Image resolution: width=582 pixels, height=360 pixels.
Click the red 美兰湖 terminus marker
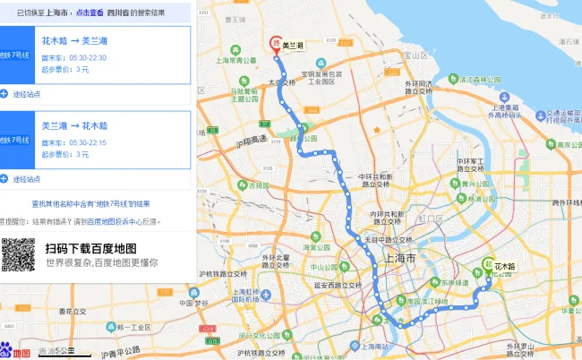(x=276, y=42)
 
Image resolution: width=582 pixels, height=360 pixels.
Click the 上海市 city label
(x=399, y=257)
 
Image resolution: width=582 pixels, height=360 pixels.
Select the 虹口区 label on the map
(x=431, y=218)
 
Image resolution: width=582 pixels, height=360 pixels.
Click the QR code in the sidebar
(x=18, y=255)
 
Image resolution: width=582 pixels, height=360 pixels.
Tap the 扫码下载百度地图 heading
(x=90, y=247)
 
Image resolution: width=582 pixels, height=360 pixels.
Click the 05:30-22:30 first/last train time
(x=87, y=56)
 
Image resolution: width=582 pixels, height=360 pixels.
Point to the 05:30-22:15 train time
(x=87, y=141)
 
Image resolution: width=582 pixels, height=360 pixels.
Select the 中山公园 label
(x=322, y=267)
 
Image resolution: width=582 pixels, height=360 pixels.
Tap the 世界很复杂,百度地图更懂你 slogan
(x=102, y=262)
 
